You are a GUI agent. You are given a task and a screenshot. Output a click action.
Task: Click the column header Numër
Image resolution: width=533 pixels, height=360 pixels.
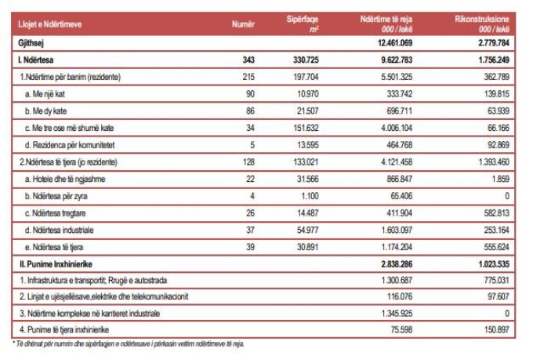click(243, 24)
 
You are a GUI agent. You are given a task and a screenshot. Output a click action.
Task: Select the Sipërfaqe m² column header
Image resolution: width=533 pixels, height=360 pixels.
click(303, 24)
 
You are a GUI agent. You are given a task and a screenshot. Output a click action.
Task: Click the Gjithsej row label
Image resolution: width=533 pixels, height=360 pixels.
click(31, 43)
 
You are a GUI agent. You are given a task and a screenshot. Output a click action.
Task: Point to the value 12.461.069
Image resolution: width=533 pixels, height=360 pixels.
click(395, 43)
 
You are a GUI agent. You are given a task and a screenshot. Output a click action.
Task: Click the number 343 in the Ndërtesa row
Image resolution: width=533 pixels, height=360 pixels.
click(248, 60)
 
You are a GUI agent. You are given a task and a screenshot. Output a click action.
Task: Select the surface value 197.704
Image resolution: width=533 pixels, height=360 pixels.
click(306, 77)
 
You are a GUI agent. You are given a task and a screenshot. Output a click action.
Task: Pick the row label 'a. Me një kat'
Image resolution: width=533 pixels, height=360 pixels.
click(45, 94)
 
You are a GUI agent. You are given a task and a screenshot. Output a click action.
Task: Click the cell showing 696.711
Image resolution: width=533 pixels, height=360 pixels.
click(400, 111)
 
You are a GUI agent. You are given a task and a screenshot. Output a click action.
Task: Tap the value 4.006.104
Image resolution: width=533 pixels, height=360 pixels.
click(397, 128)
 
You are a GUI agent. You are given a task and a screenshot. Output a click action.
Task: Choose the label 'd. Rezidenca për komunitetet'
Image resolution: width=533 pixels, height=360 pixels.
click(70, 145)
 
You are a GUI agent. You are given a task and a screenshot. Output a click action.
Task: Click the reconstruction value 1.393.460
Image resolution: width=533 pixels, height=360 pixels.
click(494, 162)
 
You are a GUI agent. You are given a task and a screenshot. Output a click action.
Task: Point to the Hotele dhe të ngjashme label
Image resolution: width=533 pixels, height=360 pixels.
click(65, 180)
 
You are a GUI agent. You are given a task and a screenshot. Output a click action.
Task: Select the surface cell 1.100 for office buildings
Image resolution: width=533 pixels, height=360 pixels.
click(310, 196)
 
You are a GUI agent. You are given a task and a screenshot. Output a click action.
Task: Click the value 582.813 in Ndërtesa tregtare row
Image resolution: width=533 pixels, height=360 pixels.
click(497, 213)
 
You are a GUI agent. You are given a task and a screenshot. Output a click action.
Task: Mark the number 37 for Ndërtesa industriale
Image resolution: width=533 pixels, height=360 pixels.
click(250, 230)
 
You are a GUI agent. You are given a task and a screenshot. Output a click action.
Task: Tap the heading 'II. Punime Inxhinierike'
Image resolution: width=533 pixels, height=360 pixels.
click(56, 264)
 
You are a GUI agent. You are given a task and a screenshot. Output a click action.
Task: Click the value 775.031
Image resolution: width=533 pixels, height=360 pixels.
click(497, 280)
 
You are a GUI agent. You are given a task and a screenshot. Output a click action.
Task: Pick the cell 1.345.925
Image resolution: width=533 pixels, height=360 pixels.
click(397, 314)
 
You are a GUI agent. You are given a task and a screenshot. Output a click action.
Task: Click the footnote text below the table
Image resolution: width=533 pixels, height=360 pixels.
click(128, 344)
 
